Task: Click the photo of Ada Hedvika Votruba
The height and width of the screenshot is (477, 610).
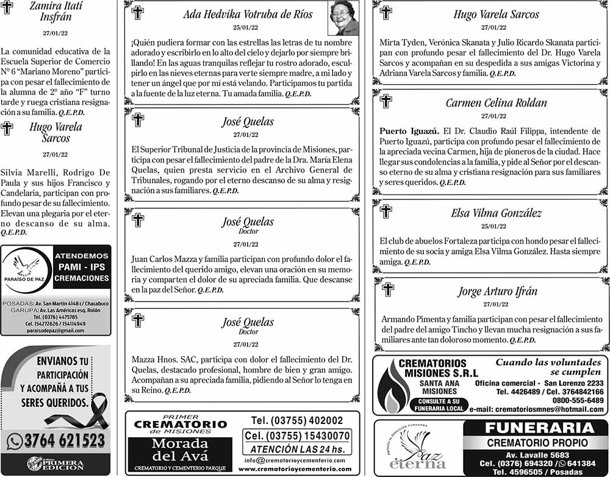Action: point(343,19)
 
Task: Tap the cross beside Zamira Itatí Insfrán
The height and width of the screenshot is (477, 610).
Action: point(7,7)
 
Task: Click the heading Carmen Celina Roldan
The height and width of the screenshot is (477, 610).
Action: point(496,103)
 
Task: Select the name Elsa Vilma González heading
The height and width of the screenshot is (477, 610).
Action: point(496,213)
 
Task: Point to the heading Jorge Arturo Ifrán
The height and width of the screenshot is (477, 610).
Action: point(497,292)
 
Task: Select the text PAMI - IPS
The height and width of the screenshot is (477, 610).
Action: point(82,267)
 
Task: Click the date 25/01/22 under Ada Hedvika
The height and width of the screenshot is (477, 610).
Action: point(245,28)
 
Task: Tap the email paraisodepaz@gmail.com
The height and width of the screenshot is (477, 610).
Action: point(55,330)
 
